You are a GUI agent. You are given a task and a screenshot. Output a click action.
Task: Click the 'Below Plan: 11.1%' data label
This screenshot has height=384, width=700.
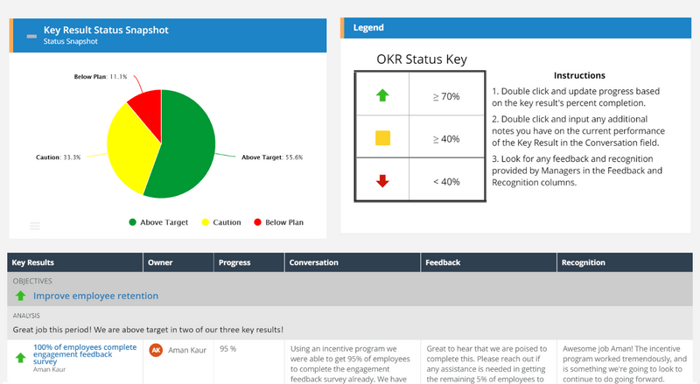click(x=100, y=77)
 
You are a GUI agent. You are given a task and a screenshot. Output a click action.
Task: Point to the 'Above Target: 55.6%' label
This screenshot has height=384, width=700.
click(x=271, y=157)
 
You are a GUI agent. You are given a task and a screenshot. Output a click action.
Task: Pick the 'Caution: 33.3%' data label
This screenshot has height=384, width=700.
click(x=59, y=157)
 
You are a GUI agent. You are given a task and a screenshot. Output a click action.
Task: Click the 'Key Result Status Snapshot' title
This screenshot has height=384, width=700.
click(x=106, y=30)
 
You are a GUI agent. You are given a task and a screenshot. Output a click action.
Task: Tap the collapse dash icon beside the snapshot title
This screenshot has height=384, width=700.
click(x=31, y=36)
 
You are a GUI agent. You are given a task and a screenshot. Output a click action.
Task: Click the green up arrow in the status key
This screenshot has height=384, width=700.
click(x=382, y=94)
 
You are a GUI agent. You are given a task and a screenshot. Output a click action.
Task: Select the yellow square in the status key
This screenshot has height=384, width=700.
click(x=382, y=138)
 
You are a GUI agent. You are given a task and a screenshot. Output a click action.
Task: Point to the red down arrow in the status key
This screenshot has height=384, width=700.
click(x=382, y=181)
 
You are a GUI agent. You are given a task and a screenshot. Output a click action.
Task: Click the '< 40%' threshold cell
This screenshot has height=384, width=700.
click(x=446, y=181)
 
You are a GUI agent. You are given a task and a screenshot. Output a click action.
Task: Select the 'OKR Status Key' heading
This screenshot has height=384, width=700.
click(x=422, y=59)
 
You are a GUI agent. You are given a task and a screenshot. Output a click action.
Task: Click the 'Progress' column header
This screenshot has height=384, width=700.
click(x=234, y=262)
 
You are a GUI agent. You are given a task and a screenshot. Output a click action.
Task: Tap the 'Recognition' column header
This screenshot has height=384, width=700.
click(x=584, y=262)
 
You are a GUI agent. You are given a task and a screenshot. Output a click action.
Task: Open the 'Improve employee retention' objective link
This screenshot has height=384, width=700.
click(x=95, y=296)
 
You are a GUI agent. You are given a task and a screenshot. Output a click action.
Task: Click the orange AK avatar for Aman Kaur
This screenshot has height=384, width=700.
click(x=156, y=350)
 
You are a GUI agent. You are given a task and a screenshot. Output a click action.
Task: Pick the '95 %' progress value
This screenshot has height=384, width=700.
click(x=228, y=348)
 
